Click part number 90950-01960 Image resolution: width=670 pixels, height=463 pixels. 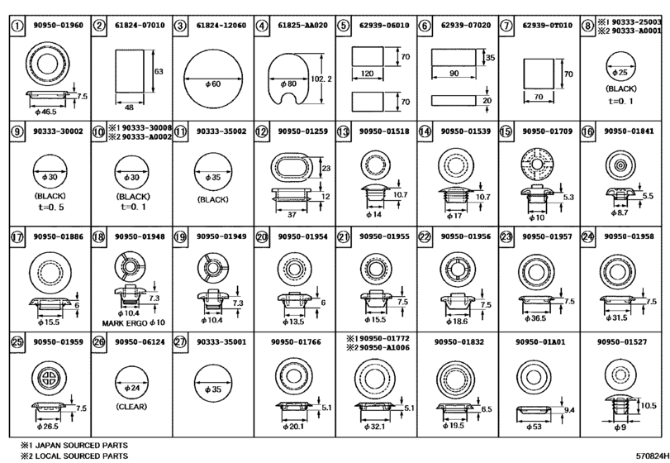[x=58, y=26]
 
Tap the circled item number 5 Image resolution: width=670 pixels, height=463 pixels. [x=343, y=26]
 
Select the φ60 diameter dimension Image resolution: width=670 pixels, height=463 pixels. [x=213, y=84]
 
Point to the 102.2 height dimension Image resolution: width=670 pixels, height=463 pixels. [x=321, y=79]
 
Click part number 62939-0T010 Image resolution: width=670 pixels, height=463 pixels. [x=548, y=26]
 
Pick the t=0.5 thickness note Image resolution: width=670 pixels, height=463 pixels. [x=50, y=208]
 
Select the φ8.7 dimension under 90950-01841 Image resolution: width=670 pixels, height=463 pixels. [x=619, y=212]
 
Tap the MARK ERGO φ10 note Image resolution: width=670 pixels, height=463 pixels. [x=133, y=322]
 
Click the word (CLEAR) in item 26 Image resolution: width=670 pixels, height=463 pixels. [x=131, y=407]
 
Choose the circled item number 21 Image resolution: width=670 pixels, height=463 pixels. [x=343, y=236]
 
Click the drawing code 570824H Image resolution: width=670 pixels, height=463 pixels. [x=652, y=456]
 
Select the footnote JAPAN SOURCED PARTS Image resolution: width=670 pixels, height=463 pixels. [x=81, y=446]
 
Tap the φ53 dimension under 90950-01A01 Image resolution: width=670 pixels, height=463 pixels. [x=534, y=427]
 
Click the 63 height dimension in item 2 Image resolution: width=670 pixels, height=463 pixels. [x=159, y=71]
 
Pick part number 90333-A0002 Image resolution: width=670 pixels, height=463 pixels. [x=146, y=136]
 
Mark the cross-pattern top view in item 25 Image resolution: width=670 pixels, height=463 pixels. [x=49, y=378]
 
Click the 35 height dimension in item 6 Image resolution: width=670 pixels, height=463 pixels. [x=490, y=57]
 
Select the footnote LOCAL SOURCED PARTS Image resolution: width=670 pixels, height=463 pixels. [x=81, y=456]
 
